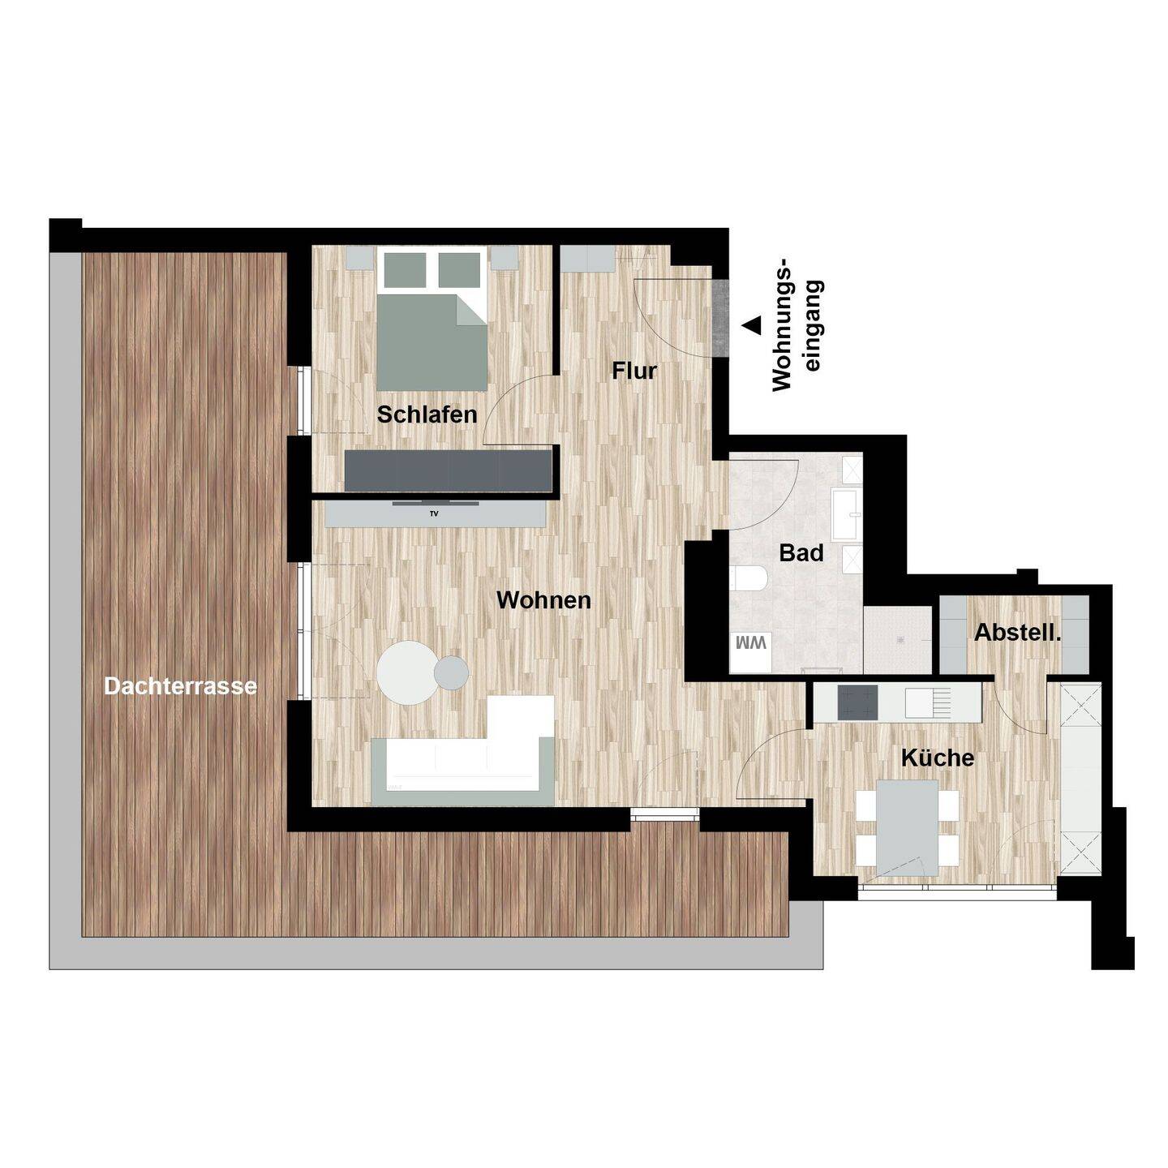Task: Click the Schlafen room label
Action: point(427,414)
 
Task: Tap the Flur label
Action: point(634,371)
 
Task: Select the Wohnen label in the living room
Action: point(543,600)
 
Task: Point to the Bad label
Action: point(801,553)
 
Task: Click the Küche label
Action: point(938,757)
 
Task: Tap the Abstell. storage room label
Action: point(1017,633)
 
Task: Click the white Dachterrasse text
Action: point(181,686)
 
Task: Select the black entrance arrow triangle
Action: point(753,325)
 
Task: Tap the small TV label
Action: point(434,513)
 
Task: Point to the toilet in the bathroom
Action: point(749,578)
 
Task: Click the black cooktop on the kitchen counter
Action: point(857,702)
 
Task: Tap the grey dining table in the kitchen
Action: point(908,827)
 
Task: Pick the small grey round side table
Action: point(452,672)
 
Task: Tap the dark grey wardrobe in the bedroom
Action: point(449,470)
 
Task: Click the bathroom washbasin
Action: point(846,515)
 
